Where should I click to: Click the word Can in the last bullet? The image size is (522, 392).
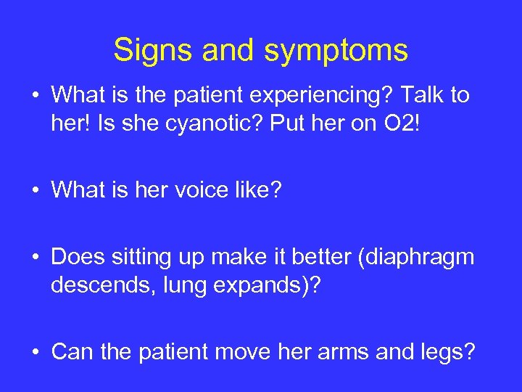point(72,353)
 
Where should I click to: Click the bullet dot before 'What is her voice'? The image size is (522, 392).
point(36,192)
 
